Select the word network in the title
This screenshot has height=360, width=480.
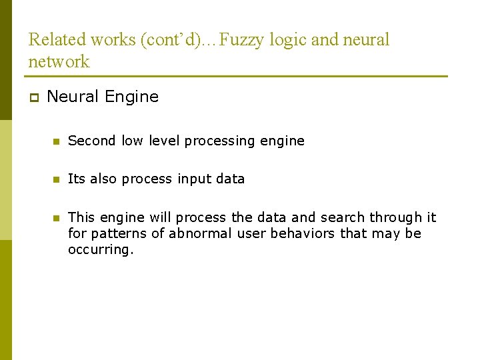59,61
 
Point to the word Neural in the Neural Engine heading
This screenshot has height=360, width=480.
71,97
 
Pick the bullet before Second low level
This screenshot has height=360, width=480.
57,141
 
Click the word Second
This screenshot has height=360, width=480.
92,141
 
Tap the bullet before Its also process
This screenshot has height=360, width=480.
57,179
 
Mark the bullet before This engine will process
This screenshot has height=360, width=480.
57,217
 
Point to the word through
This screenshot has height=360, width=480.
396,217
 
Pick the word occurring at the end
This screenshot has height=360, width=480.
101,250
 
